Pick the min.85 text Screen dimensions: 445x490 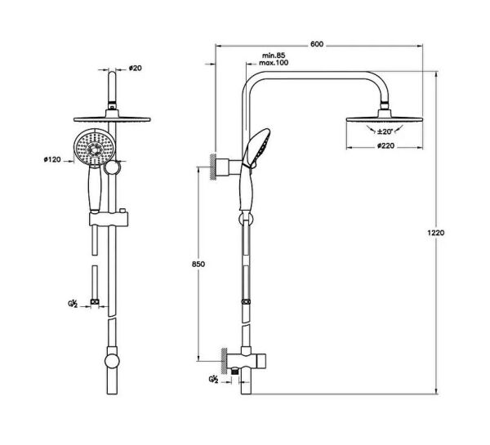click(274, 56)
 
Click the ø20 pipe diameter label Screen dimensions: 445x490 click(135, 68)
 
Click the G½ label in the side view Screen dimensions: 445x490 click(214, 379)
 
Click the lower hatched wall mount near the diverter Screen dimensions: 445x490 click(222, 358)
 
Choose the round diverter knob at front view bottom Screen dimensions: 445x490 click(109, 360)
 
